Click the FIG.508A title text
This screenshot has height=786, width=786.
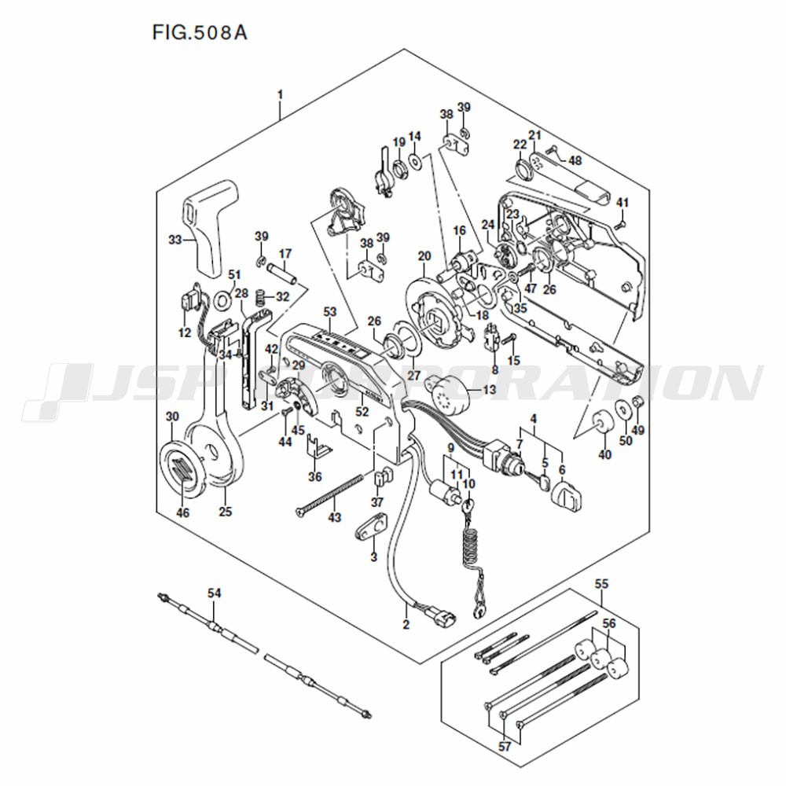(x=200, y=32)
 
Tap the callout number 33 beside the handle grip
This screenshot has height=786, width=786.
(x=174, y=240)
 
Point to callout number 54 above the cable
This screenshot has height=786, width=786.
(x=214, y=593)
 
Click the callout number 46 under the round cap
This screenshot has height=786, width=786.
(x=183, y=512)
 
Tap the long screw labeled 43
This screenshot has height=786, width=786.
(x=329, y=494)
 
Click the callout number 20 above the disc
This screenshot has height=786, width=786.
(x=424, y=256)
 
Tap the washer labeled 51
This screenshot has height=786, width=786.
(x=222, y=300)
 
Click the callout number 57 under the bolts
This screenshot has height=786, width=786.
(x=505, y=747)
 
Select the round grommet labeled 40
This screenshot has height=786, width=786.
(x=603, y=421)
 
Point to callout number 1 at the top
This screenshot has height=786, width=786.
(x=281, y=94)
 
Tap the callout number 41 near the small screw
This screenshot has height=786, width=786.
(x=622, y=203)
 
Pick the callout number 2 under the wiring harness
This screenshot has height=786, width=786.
(x=406, y=624)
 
